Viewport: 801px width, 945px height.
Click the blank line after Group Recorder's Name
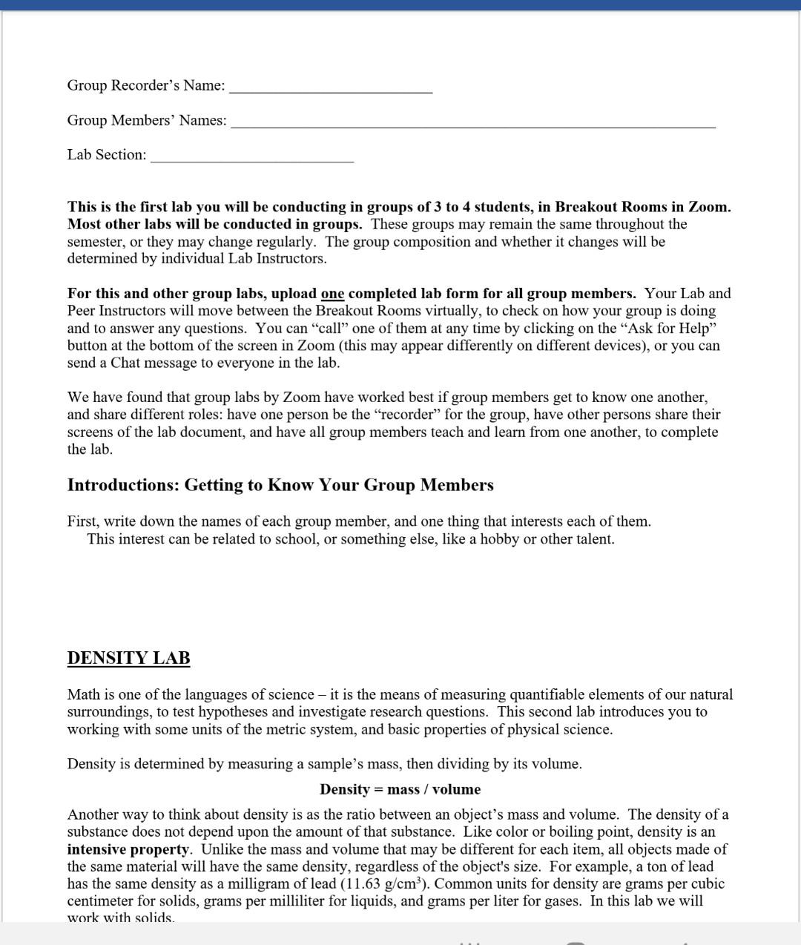pyautogui.click(x=331, y=90)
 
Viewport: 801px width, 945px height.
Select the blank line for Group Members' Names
pyautogui.click(x=473, y=125)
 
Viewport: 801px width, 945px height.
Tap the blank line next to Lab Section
pyautogui.click(x=252, y=159)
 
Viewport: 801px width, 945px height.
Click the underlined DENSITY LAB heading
pyautogui.click(x=128, y=658)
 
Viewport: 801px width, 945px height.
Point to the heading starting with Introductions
pyautogui.click(x=280, y=485)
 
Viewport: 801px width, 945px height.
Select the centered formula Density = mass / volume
pyautogui.click(x=400, y=789)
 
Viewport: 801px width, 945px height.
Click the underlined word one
pyautogui.click(x=332, y=294)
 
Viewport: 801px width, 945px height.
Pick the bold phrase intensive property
pyautogui.click(x=128, y=849)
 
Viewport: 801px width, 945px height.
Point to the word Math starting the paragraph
pyautogui.click(x=83, y=695)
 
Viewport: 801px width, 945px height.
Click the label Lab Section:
pyautogui.click(x=107, y=155)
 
